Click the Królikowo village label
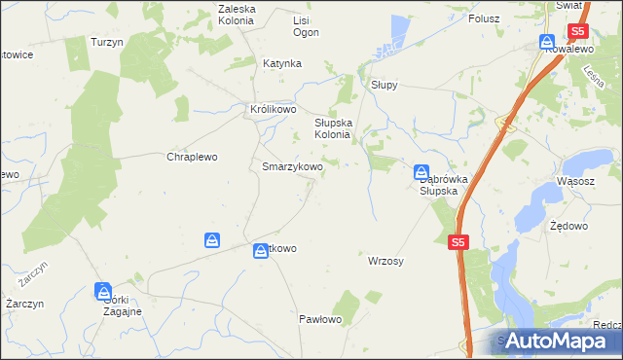(273, 110)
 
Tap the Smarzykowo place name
(292, 166)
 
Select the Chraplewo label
(192, 157)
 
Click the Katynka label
(282, 63)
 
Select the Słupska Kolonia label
(338, 129)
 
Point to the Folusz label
(483, 18)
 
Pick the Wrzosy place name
(385, 262)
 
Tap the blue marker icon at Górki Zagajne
(103, 290)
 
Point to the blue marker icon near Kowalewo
(547, 43)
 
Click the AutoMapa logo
(558, 341)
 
